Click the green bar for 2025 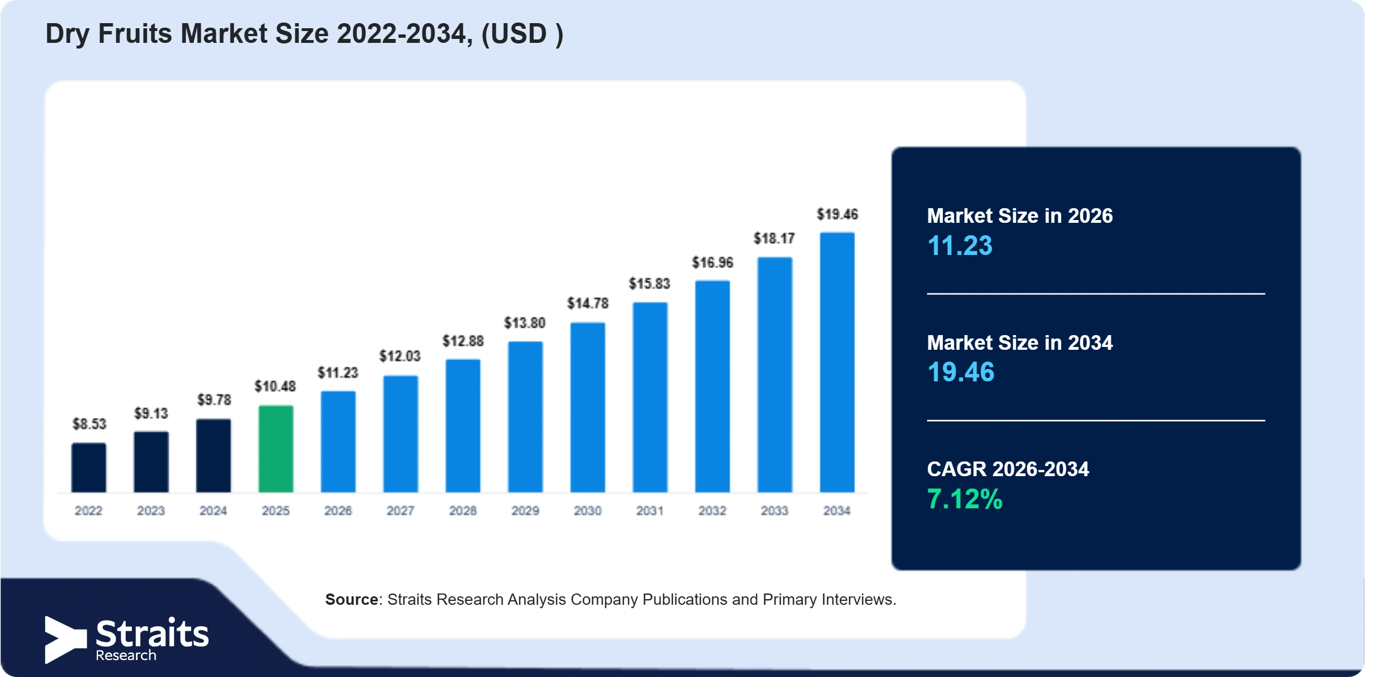(276, 449)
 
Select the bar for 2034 (837, 362)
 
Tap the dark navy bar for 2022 (88, 468)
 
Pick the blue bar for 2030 (587, 407)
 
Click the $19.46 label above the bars (838, 214)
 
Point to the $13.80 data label (525, 323)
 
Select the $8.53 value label (89, 424)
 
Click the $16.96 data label (712, 262)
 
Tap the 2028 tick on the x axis (463, 511)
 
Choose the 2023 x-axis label (151, 511)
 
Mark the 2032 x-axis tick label (712, 511)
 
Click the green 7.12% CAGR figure (964, 499)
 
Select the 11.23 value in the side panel (960, 245)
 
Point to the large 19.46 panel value (961, 372)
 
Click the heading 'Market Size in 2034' (1020, 342)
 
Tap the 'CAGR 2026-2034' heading (1008, 469)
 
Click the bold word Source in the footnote (352, 599)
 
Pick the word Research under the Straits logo (126, 655)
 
